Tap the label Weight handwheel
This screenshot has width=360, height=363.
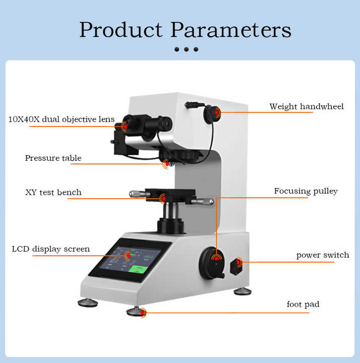306,106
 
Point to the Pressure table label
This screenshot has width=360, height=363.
53,158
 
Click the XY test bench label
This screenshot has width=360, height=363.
53,192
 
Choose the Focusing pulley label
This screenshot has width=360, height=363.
306,191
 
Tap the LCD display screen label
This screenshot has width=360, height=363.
51,249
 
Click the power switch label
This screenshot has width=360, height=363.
322,255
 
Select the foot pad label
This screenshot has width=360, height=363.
303,304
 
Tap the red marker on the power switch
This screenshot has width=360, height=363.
239,262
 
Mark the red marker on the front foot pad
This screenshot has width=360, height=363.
143,313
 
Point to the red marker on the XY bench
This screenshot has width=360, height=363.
163,198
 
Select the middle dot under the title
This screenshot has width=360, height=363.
186,49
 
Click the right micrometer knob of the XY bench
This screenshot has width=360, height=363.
202,201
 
